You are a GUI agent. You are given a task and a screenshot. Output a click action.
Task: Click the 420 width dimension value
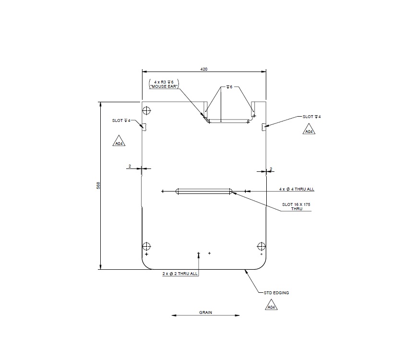pyautogui.click(x=204, y=69)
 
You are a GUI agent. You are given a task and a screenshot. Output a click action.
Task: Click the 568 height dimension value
pyautogui.click(x=98, y=185)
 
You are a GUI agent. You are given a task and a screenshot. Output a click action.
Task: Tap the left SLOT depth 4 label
pyautogui.click(x=121, y=120)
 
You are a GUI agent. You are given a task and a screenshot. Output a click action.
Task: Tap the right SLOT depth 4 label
pyautogui.click(x=312, y=117)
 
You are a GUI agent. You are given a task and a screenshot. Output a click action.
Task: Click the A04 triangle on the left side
pyautogui.click(x=119, y=142)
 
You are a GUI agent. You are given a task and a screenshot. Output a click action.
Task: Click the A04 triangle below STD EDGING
pyautogui.click(x=271, y=306)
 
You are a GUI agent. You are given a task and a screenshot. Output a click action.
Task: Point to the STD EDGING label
pyautogui.click(x=276, y=292)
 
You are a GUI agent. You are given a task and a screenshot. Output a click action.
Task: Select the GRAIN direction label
pyautogui.click(x=206, y=312)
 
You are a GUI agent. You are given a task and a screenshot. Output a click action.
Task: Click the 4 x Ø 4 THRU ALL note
pyautogui.click(x=297, y=189)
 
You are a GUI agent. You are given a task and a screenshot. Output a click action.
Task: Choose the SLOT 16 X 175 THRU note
pyautogui.click(x=296, y=207)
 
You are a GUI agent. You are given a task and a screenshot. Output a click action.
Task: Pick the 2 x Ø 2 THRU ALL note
pyautogui.click(x=180, y=274)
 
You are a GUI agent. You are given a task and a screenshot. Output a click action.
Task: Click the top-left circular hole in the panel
pyautogui.click(x=146, y=111)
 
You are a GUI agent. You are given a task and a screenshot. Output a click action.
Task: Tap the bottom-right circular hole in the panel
pyautogui.click(x=261, y=247)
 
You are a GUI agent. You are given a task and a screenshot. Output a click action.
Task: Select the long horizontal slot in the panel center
pyautogui.click(x=204, y=191)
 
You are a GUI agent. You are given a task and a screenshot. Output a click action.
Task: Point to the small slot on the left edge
pyautogui.click(x=143, y=126)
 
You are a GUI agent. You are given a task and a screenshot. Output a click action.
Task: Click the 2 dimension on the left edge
pyautogui.click(x=130, y=166)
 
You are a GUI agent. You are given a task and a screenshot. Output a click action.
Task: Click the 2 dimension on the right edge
pyautogui.click(x=271, y=169)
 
